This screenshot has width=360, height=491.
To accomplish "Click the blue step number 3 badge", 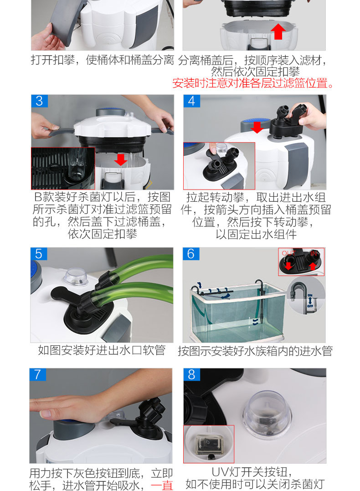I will (x=39, y=101).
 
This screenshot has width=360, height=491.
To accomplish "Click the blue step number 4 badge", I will (x=191, y=101).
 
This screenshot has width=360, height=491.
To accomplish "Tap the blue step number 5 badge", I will (x=38, y=254).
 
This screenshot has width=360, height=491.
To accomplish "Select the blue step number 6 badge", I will (x=190, y=254).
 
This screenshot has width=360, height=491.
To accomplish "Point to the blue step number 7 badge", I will (x=38, y=374).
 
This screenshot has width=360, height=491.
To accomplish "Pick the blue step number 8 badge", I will (x=191, y=374).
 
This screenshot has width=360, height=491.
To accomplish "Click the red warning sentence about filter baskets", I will (x=253, y=83).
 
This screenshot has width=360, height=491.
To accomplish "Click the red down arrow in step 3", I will (x=121, y=159).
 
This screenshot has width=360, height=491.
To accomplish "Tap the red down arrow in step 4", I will (x=257, y=126).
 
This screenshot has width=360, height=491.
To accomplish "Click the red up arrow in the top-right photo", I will (x=278, y=32).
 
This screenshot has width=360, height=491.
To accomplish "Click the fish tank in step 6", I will (x=232, y=310).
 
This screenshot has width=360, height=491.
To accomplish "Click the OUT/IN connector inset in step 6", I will (x=301, y=262).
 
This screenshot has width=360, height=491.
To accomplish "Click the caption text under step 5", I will (x=101, y=351).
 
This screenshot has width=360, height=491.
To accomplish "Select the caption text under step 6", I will (x=255, y=351).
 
